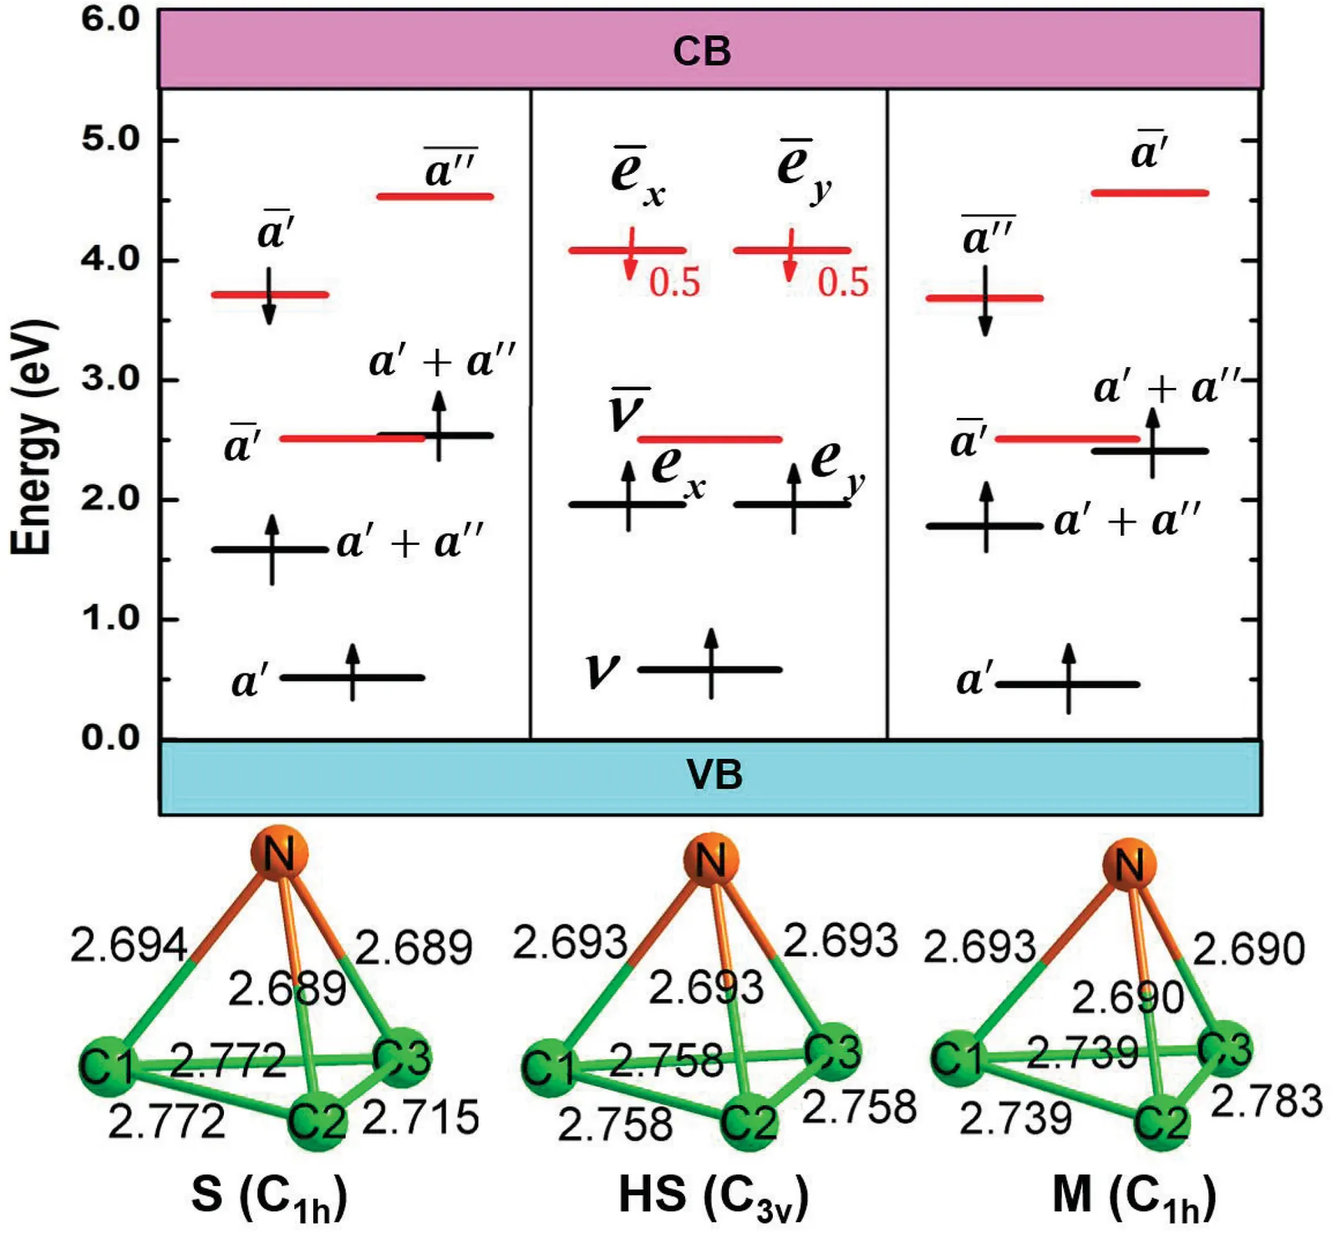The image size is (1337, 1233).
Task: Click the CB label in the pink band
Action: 701,51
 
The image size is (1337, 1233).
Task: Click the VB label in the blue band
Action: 714,775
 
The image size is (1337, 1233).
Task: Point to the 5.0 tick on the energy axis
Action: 110,139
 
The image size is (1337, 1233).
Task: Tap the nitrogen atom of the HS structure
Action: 710,859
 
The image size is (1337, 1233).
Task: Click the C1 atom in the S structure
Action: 107,1066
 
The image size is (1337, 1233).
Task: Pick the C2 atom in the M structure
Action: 1161,1123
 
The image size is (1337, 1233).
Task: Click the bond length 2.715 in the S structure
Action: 420,1118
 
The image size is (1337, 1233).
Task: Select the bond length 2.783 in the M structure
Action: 1266,1102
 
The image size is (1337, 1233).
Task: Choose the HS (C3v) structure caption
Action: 713,1196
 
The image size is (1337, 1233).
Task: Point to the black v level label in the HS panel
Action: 602,670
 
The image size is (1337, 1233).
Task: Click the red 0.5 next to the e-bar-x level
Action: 674,283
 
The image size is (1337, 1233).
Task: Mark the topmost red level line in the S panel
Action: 435,196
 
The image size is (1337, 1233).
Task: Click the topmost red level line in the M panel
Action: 1150,193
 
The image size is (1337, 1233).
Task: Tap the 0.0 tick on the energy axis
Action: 110,738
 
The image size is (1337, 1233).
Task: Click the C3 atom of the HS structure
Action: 832,1052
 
